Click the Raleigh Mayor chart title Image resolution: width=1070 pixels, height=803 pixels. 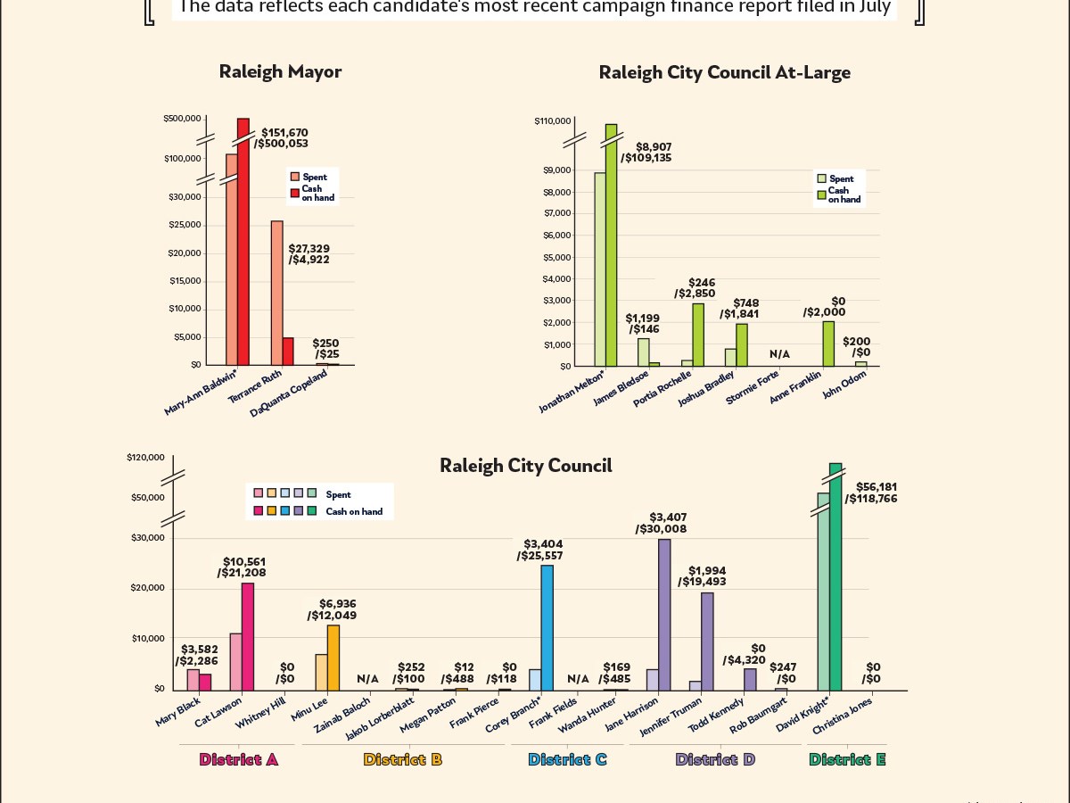[x=280, y=72]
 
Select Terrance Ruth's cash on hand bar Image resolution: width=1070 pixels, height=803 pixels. [x=288, y=351]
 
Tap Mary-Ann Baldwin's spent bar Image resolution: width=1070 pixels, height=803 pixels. [x=232, y=259]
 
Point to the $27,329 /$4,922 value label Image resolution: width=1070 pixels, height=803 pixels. [x=309, y=254]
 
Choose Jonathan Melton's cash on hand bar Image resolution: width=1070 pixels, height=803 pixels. [x=611, y=245]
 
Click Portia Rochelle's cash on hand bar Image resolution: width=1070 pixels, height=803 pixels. [x=698, y=335]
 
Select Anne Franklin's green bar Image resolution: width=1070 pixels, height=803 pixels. [x=828, y=344]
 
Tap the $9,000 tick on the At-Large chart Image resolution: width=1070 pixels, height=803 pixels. [x=559, y=170]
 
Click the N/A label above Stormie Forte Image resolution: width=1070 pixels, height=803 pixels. [x=779, y=354]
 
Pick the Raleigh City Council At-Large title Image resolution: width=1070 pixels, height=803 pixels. [x=724, y=72]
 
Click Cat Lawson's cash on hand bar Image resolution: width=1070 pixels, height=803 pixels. [x=248, y=636]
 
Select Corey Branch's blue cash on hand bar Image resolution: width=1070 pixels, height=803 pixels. [x=547, y=627]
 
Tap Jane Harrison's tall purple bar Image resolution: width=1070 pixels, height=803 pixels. [x=664, y=615]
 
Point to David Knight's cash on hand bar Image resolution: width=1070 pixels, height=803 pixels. [x=835, y=576]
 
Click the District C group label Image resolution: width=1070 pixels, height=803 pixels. [x=567, y=760]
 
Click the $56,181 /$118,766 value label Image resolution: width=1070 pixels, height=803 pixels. [x=876, y=493]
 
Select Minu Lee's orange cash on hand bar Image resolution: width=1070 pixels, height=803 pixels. [x=333, y=658]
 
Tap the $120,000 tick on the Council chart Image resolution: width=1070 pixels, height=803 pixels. [x=145, y=458]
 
